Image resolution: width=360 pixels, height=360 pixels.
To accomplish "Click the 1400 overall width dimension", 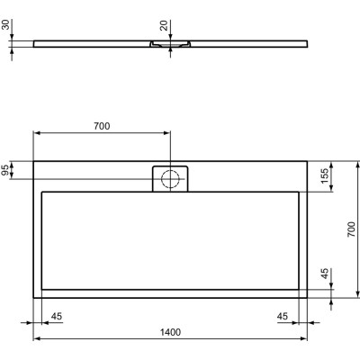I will [171, 332].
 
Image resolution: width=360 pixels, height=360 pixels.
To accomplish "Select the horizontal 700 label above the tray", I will [101, 126].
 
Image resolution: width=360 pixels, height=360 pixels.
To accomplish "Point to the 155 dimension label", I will [323, 176].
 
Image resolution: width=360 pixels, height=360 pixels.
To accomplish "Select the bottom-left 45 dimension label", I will [57, 316].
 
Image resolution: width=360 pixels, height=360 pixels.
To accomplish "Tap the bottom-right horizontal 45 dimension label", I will [282, 316].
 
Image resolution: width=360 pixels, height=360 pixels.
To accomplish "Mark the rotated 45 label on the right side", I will [323, 274].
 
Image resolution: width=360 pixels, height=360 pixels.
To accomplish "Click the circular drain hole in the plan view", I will [170, 179].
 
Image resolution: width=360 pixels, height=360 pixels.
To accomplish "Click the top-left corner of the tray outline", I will [34, 161].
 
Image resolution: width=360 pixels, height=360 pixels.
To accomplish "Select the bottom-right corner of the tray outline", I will [306, 297].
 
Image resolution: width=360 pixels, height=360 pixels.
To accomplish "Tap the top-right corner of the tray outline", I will [306, 161].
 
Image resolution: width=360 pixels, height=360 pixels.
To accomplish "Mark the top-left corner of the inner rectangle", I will [42, 191].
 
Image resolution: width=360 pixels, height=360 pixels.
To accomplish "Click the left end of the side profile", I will [35, 41].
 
